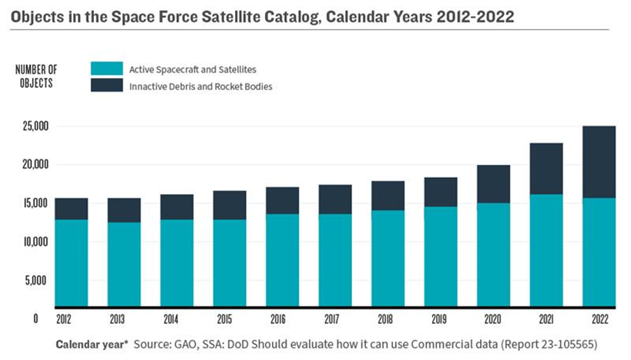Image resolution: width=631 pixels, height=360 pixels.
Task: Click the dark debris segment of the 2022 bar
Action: click(x=599, y=162)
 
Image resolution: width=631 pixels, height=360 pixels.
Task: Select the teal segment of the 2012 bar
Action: click(x=71, y=262)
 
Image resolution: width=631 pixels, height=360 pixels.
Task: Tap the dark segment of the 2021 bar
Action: click(x=545, y=168)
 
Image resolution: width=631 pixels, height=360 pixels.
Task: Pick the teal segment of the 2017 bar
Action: click(x=335, y=259)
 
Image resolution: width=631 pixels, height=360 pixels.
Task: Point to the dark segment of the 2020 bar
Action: click(x=493, y=183)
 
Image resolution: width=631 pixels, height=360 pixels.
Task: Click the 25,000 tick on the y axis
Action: click(x=32, y=126)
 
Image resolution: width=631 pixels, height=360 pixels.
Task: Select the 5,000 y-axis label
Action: click(x=35, y=280)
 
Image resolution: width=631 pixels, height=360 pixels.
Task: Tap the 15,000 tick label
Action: click(x=32, y=203)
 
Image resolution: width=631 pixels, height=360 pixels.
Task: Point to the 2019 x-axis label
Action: click(x=440, y=317)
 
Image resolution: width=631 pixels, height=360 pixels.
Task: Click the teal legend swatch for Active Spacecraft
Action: click(x=106, y=69)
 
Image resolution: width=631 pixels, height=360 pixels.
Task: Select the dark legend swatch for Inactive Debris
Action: click(x=106, y=86)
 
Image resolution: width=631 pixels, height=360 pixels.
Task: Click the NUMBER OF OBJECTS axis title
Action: click(x=35, y=76)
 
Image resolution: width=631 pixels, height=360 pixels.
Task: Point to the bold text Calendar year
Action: click(x=91, y=341)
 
